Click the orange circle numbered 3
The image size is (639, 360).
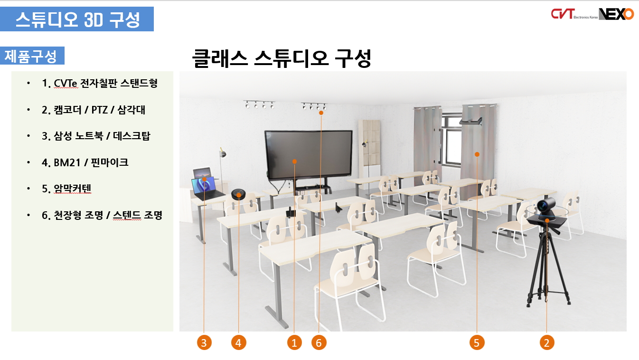pyautogui.click(x=204, y=342)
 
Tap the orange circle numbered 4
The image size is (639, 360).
pyautogui.click(x=238, y=342)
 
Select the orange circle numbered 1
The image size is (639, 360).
pyautogui.click(x=294, y=342)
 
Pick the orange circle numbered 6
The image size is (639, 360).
pyautogui.click(x=319, y=342)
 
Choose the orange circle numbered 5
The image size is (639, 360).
pyautogui.click(x=477, y=342)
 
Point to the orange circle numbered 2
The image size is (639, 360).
pyautogui.click(x=547, y=342)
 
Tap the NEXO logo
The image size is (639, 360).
pyautogui.click(x=616, y=14)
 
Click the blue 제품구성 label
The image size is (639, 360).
pyautogui.click(x=32, y=56)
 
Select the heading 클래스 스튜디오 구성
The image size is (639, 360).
pyautogui.click(x=282, y=58)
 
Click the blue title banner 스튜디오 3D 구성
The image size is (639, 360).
pyautogui.click(x=77, y=19)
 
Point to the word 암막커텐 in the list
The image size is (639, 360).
pyautogui.click(x=73, y=189)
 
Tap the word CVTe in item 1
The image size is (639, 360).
pyautogui.click(x=66, y=84)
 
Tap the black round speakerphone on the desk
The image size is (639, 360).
pyautogui.click(x=238, y=194)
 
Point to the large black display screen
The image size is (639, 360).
pyautogui.click(x=309, y=154)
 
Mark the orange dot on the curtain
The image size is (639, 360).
pyautogui.click(x=477, y=154)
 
